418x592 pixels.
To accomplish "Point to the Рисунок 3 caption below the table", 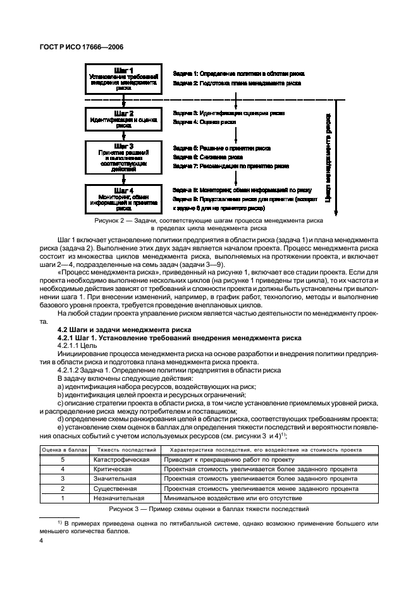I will (x=209, y=509).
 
